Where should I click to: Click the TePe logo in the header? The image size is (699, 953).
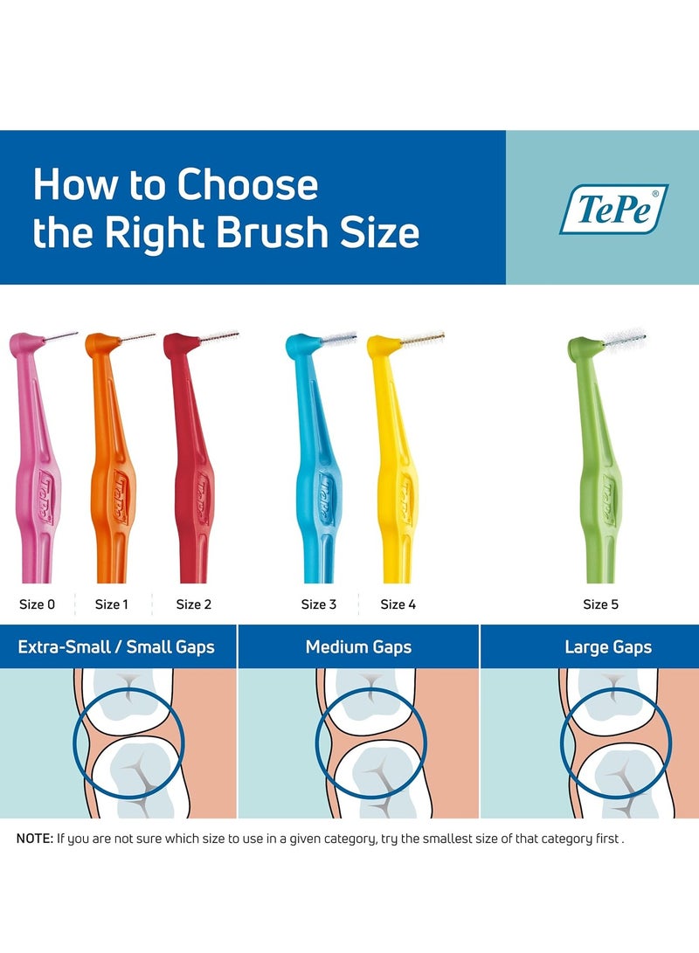coord(613,209)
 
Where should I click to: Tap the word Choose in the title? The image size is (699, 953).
coord(247,185)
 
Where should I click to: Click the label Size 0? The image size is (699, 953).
coord(38,604)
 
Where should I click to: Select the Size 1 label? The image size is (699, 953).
coord(112,604)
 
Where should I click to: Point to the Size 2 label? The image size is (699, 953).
coord(193,604)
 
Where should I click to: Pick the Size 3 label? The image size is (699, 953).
coord(319,604)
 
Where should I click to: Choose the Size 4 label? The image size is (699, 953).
coord(398,604)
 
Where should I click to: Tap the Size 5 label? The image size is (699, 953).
coord(601,604)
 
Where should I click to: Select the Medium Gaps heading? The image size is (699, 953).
coord(358,647)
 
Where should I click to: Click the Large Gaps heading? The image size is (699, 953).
coord(608,647)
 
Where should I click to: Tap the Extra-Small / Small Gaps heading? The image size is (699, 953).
coord(116,647)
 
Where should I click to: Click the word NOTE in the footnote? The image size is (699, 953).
coord(34,839)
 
